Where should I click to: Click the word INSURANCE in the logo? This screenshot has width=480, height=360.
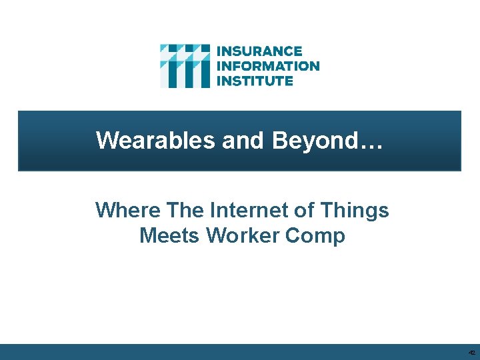(260, 51)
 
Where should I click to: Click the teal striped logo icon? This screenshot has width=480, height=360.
(185, 66)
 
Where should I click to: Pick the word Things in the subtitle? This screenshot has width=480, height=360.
(357, 211)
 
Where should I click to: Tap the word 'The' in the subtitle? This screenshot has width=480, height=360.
(185, 211)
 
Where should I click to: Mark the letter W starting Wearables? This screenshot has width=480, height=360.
(107, 141)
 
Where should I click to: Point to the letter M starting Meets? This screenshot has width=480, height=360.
(148, 235)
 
